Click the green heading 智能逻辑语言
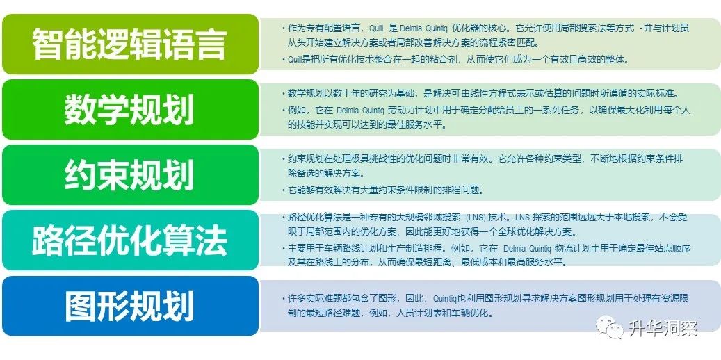(x=129, y=44)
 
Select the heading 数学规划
(x=129, y=109)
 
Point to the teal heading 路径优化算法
(x=129, y=240)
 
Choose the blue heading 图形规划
(x=129, y=306)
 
